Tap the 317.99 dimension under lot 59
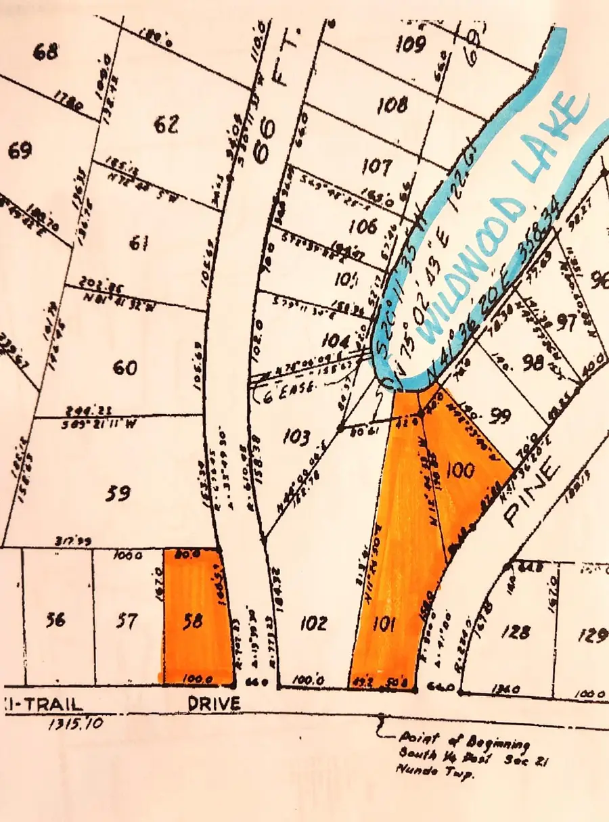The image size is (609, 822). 74,541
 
